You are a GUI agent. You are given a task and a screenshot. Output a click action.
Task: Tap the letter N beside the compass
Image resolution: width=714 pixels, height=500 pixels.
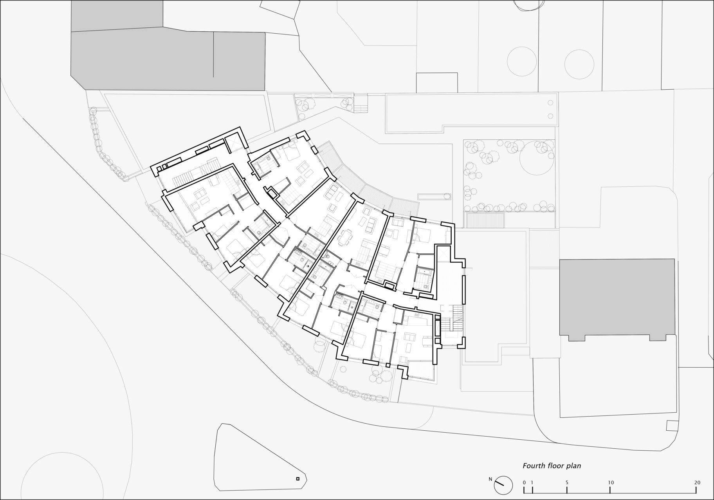coord(490,479)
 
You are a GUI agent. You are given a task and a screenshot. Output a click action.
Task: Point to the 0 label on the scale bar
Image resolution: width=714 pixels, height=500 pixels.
coord(524,482)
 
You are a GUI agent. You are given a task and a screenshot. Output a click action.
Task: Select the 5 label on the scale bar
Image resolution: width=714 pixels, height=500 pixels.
coord(567,482)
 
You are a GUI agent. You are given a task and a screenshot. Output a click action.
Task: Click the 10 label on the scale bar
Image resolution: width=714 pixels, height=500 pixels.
coord(610,482)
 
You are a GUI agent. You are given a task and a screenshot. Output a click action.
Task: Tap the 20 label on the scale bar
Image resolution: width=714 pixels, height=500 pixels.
coord(697,482)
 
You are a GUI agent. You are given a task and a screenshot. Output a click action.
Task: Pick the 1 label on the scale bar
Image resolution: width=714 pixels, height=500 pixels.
coord(533,482)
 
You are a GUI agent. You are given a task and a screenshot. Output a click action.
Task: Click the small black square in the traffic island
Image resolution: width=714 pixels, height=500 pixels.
coord(297,478)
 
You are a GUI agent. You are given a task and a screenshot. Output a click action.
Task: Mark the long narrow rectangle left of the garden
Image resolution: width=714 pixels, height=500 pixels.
coord(434,196)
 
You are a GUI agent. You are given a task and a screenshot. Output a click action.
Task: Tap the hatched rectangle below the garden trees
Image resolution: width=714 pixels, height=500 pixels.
coord(484,220)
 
